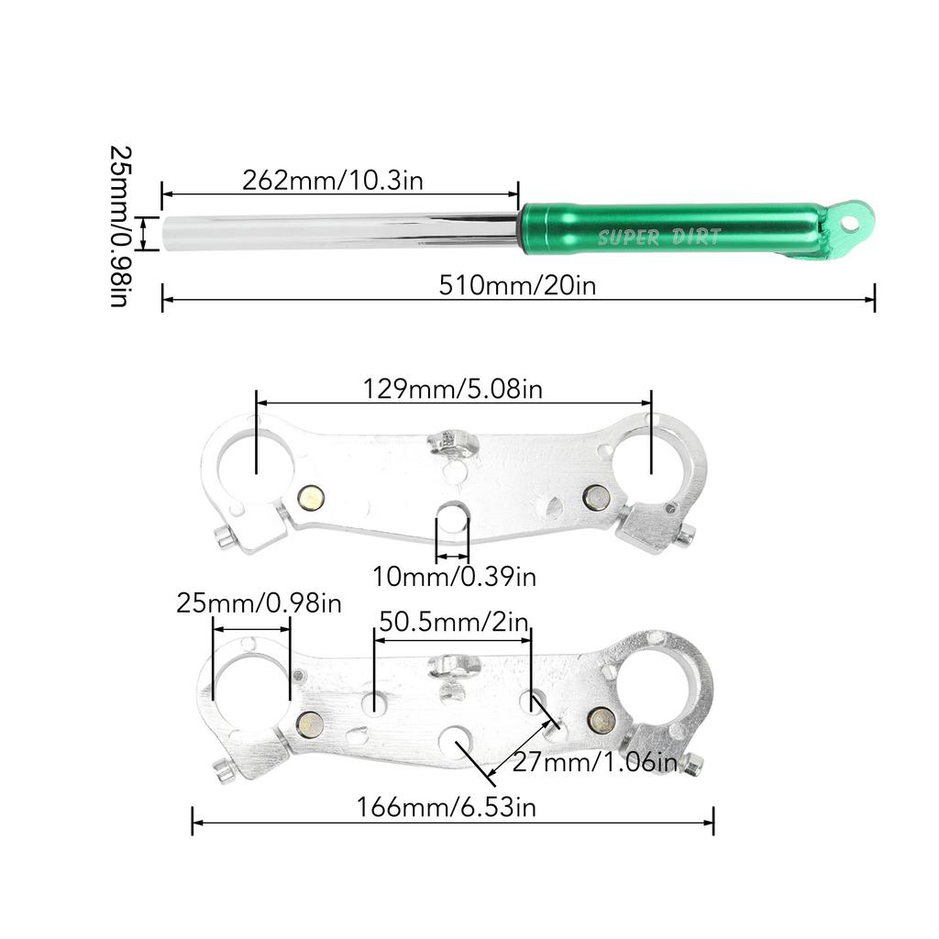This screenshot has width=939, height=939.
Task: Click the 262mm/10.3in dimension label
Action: pos(332,181)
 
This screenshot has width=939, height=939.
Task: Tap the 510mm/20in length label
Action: pos(517,285)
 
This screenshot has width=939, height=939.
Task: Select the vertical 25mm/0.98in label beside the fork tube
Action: pos(120,226)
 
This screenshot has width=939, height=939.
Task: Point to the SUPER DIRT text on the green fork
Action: pos(658,238)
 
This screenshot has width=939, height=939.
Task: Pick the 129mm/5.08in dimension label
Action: pos(453,389)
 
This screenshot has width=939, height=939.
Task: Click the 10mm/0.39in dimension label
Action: pos(454,577)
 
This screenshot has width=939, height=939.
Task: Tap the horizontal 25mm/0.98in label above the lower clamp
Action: pos(259,603)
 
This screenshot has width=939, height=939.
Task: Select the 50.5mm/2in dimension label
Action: pos(454,623)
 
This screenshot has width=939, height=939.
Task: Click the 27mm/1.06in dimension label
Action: pos(594,763)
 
